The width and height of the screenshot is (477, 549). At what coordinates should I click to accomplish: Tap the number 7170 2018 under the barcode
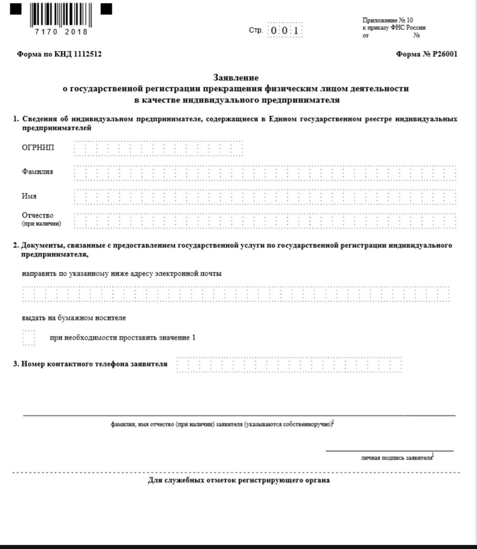[61, 32]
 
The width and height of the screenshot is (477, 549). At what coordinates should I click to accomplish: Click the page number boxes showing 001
[285, 31]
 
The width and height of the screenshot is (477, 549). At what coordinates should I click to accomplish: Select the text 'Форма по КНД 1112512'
[59, 54]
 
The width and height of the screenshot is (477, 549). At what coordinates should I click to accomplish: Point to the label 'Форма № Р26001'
[427, 54]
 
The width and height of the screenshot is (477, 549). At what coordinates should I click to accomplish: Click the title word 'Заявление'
[236, 78]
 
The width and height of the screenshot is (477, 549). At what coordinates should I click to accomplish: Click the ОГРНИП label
[38, 147]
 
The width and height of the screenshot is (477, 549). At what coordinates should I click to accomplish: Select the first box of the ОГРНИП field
[79, 148]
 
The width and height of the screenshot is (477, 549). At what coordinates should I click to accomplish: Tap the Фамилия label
[38, 172]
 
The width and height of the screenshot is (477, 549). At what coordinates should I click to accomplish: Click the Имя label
[29, 196]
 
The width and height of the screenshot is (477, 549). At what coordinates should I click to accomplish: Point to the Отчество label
[38, 215]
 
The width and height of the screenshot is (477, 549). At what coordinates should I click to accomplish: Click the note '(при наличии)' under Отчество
[41, 224]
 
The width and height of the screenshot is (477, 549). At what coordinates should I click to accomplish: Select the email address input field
[236, 294]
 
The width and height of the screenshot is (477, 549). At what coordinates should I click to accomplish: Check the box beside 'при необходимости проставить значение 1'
[29, 338]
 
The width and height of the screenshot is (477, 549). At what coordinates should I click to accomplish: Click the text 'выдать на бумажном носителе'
[74, 318]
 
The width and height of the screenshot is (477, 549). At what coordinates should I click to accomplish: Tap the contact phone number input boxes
[289, 365]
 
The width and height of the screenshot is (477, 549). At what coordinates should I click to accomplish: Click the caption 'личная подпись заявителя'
[396, 457]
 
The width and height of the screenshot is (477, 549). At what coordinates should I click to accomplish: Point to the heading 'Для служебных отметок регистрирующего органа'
[239, 480]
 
